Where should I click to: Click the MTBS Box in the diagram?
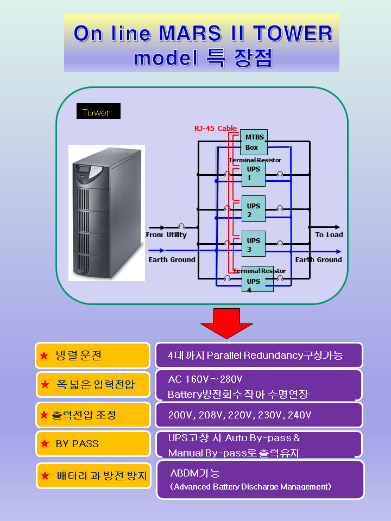(x=254, y=142)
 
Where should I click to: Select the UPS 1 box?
(x=253, y=174)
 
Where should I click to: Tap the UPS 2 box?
(x=253, y=209)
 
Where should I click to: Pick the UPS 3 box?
(x=253, y=244)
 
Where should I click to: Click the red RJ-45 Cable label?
(x=215, y=129)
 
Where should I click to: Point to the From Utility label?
(x=166, y=235)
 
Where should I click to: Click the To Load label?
(x=329, y=235)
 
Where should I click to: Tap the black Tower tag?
(x=98, y=111)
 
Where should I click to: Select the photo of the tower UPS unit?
(x=106, y=213)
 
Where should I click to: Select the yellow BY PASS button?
(x=93, y=443)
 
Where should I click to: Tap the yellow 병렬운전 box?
(x=92, y=355)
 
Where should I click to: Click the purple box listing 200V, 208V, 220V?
(x=258, y=415)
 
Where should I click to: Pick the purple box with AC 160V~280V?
(x=258, y=385)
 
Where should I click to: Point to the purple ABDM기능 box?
(x=260, y=480)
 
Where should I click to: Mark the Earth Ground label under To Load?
(x=318, y=260)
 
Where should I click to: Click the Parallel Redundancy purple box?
(x=258, y=355)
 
